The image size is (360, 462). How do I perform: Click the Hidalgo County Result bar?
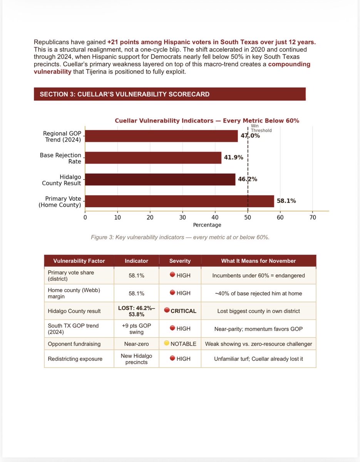click(160, 180)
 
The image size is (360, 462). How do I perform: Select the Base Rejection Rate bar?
click(153, 158)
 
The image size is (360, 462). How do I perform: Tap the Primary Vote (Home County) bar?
click(179, 201)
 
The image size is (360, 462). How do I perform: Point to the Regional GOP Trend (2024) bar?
click(161, 136)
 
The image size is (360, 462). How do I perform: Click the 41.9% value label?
click(234, 158)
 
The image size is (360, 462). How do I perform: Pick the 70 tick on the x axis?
click(313, 217)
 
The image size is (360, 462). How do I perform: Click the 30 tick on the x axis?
click(183, 217)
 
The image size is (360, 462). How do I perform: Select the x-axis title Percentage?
click(207, 225)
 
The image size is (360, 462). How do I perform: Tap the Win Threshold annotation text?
click(261, 128)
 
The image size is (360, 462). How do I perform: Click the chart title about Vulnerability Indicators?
click(207, 121)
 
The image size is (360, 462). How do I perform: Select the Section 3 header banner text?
click(125, 94)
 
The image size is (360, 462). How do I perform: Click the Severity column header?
click(180, 261)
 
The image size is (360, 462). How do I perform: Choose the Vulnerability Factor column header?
click(79, 261)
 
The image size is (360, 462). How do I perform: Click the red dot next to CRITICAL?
click(166, 311)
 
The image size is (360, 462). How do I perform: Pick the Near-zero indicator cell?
click(136, 344)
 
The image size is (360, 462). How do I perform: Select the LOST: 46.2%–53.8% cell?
click(136, 311)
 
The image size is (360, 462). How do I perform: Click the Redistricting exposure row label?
click(75, 359)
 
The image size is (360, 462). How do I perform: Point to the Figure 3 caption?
click(180, 237)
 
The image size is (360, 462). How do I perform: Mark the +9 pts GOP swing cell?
click(136, 329)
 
